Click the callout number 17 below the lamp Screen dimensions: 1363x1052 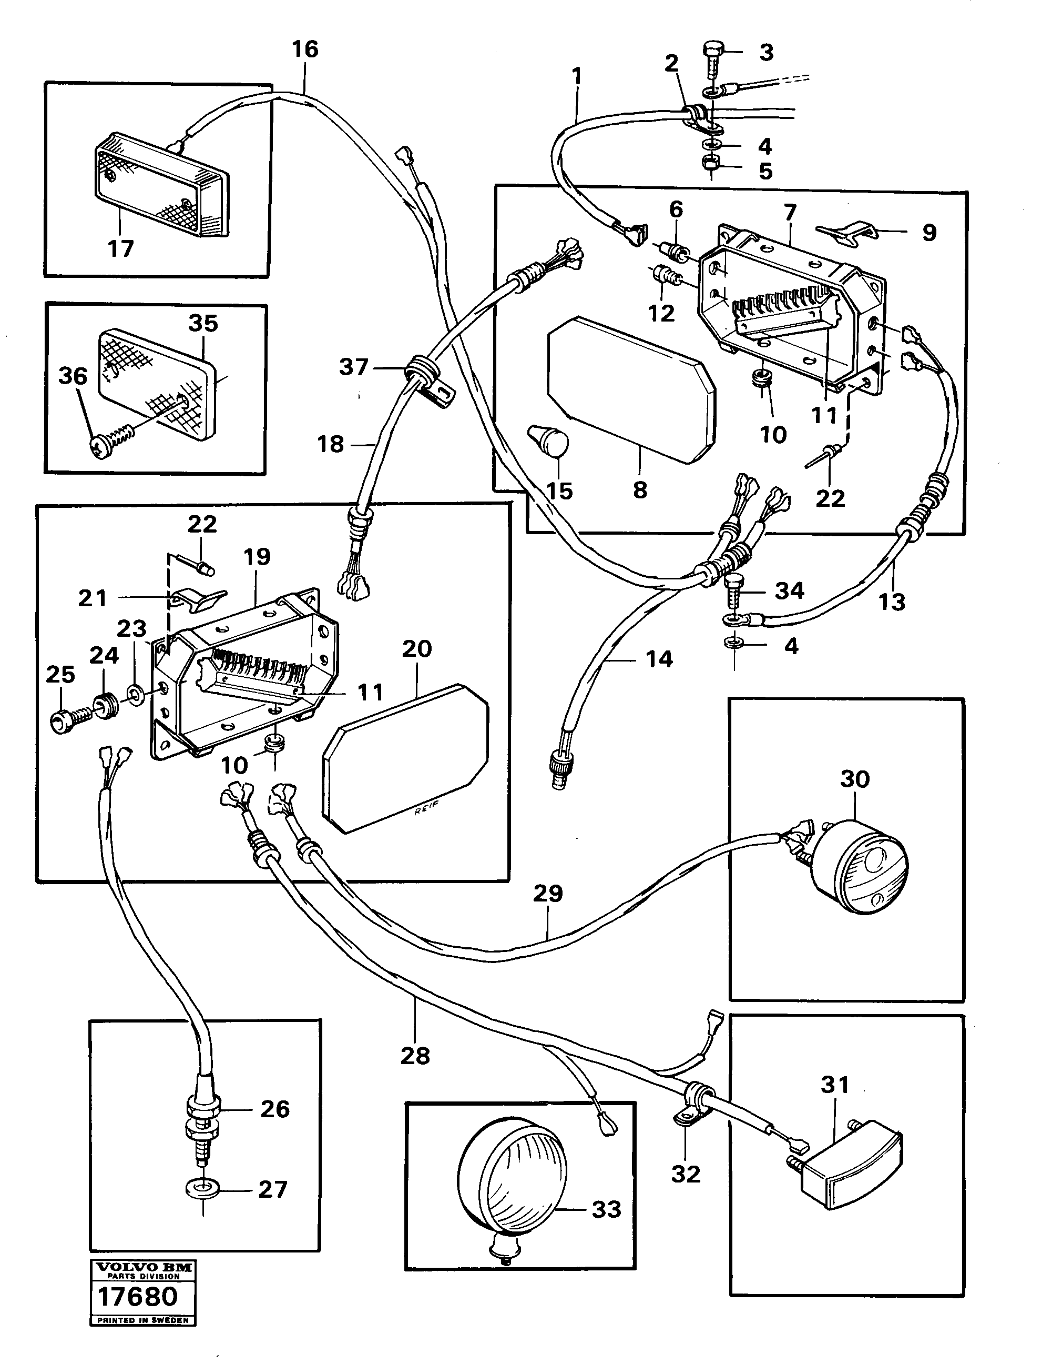pyautogui.click(x=120, y=248)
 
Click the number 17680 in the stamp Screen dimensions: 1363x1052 pyautogui.click(x=138, y=1297)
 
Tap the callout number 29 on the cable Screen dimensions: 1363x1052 pyautogui.click(x=547, y=894)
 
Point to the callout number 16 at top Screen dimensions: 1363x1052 pyautogui.click(x=305, y=49)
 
